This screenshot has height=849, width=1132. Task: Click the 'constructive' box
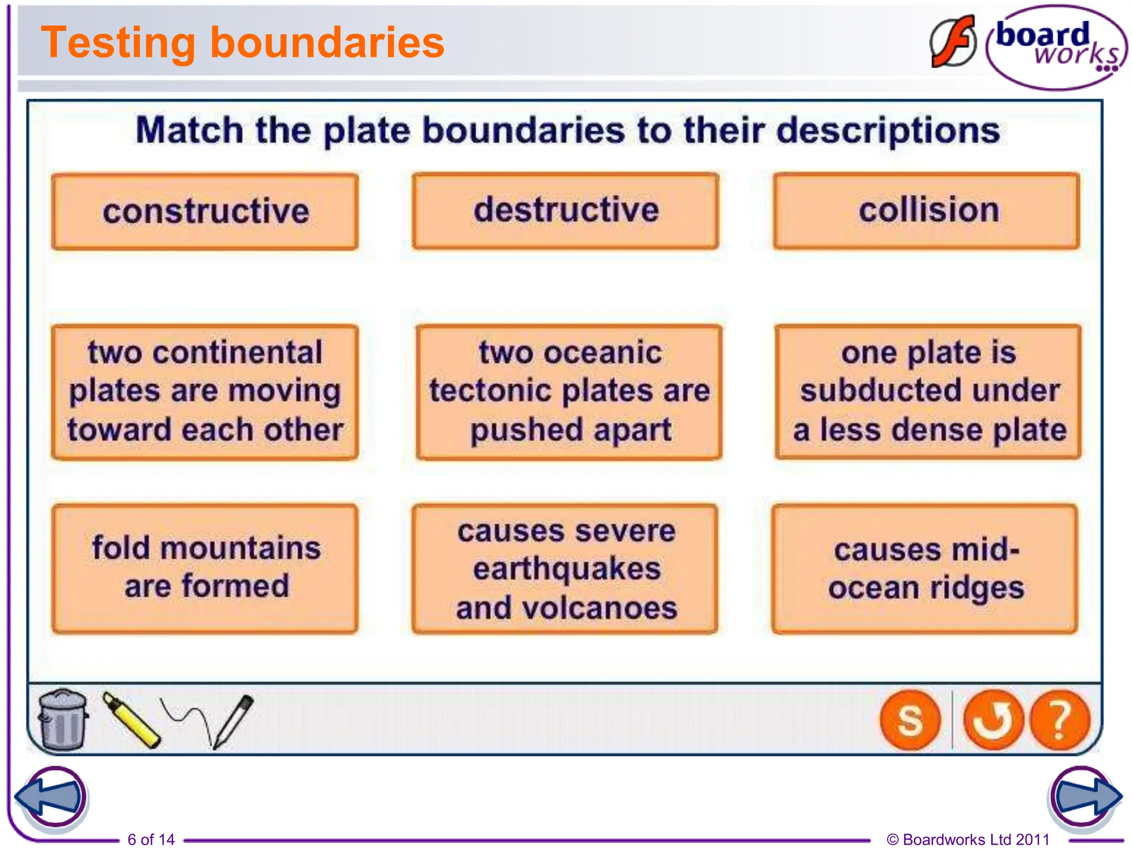point(205,212)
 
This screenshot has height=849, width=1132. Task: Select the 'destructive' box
point(565,211)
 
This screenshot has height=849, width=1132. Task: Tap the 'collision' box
point(926,211)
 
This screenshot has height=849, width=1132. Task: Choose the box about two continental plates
point(205,392)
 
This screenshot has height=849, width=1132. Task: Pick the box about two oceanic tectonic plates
point(569,392)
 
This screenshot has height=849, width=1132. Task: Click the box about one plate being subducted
point(928,392)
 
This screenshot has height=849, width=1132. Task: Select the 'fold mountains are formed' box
point(205,568)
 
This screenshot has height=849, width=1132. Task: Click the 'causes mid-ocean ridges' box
point(925,568)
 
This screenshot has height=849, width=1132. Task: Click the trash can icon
point(63,719)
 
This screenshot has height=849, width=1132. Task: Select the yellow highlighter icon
point(132,720)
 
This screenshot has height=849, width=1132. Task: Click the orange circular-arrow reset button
point(993,720)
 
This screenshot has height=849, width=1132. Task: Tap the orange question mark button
point(1060,720)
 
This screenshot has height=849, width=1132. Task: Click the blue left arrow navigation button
point(51,796)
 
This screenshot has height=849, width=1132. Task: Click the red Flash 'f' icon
point(953,42)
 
